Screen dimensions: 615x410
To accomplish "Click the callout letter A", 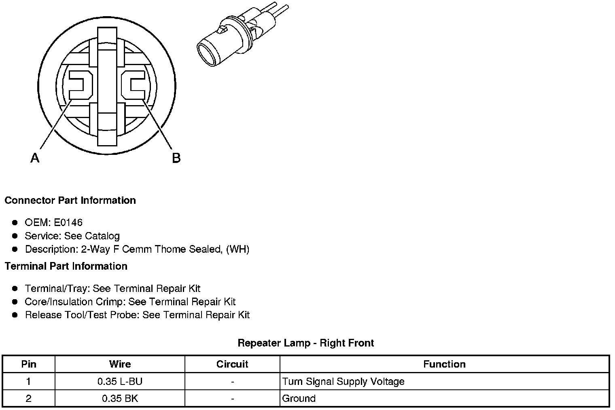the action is coord(35,158).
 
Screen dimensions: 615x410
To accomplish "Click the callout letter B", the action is coord(176,158).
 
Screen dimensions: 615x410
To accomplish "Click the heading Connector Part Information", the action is coord(70,201).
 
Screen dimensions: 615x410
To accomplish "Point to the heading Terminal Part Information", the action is coord(66,266).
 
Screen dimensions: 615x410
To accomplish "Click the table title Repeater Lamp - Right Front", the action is coord(306,343).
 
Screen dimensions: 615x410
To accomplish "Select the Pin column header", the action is coord(29,364).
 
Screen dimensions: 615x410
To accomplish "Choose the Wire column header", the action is coord(120,364).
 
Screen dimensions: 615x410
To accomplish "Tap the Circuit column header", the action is coord(232,364).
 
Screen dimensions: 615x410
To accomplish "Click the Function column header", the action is coord(444,364).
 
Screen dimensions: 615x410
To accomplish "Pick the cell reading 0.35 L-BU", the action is coord(120,381).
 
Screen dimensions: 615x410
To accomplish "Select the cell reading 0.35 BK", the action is coord(120,398).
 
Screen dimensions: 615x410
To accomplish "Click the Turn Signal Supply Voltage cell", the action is coord(343,381).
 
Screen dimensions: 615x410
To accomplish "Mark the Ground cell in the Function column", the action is coord(299,398).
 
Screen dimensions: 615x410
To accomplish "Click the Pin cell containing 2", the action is coord(29,398).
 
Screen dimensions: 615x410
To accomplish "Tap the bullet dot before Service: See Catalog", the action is coord(15,236).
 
